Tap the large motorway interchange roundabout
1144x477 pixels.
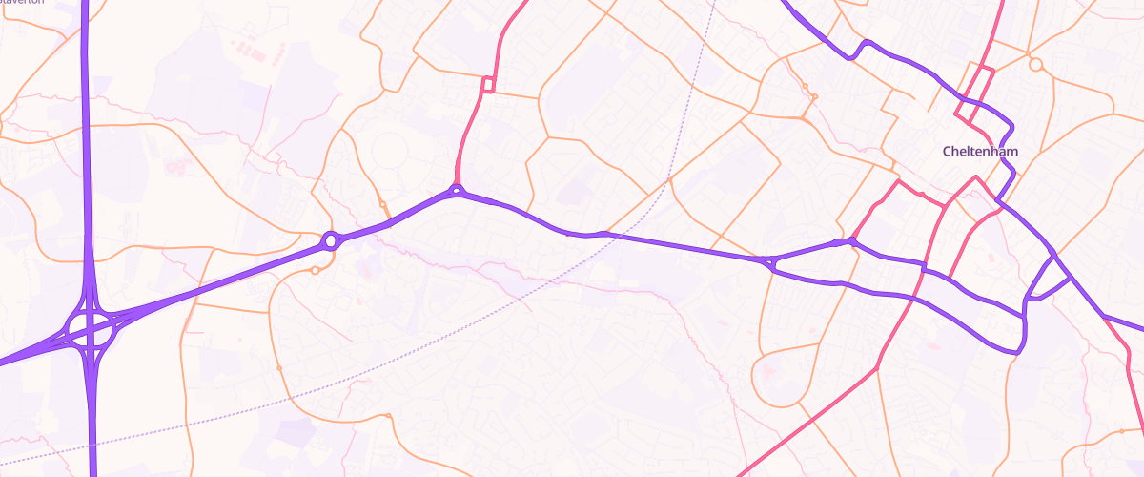[91, 329]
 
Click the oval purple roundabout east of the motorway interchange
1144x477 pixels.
[331, 240]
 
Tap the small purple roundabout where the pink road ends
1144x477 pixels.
[458, 191]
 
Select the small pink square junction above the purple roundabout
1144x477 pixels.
[487, 85]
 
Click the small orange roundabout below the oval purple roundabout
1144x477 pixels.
[315, 271]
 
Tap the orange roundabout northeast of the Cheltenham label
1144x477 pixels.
[1035, 66]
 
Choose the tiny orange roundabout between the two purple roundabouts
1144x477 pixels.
[382, 204]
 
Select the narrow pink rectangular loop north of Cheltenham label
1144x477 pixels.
[977, 95]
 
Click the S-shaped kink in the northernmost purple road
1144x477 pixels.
[863, 48]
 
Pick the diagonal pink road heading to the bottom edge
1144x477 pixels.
[810, 420]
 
